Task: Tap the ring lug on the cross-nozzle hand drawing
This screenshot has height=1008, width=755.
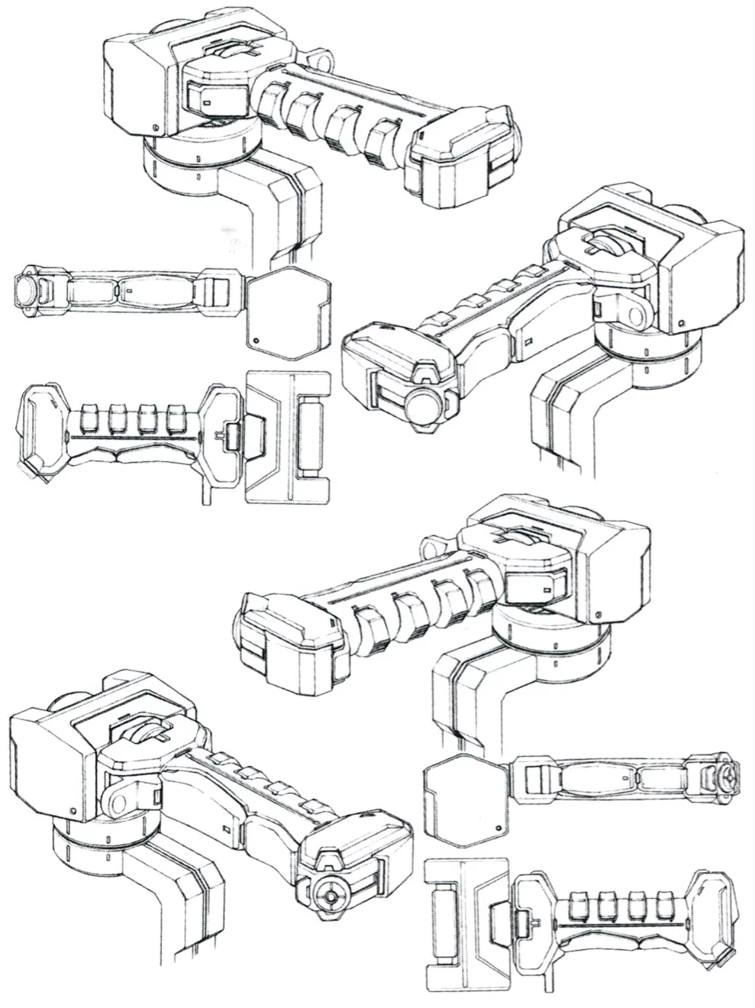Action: pos(122,800)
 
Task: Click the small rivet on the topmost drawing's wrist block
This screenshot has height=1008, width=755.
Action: pos(155,128)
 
